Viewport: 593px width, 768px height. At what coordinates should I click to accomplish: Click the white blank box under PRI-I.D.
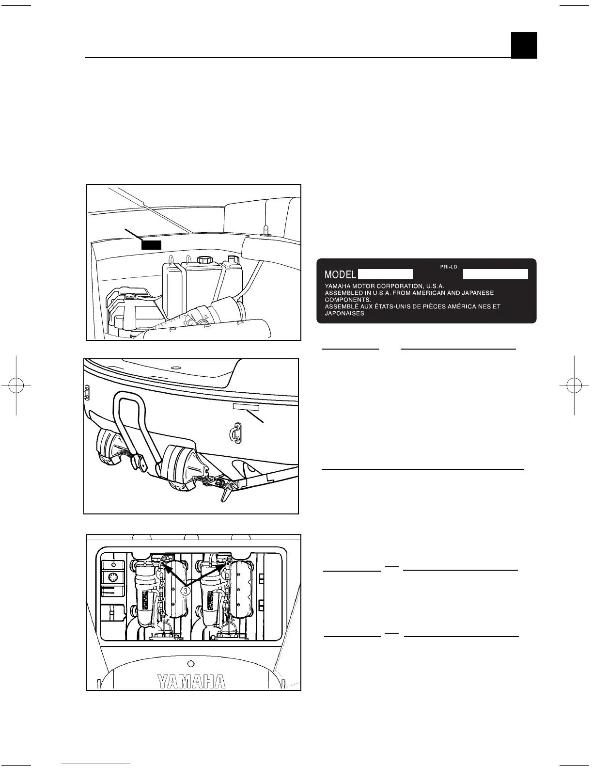[495, 274]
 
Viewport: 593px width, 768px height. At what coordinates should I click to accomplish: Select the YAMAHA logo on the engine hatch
[191, 682]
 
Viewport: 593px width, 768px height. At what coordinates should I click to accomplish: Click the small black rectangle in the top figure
[151, 244]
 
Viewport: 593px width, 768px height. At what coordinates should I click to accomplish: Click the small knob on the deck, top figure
[265, 228]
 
